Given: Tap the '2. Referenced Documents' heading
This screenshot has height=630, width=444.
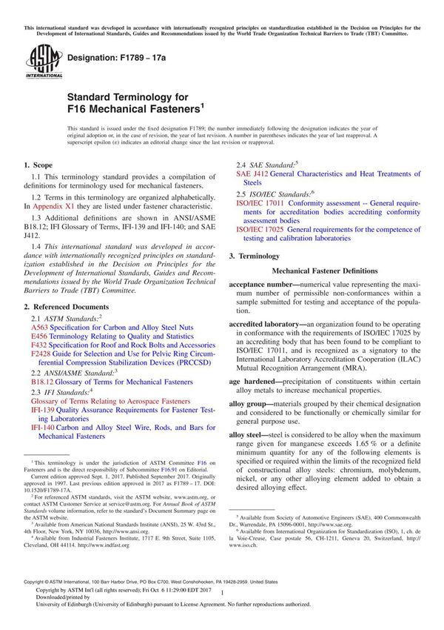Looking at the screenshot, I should point(66,306).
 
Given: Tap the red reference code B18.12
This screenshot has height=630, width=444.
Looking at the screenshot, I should point(42,382).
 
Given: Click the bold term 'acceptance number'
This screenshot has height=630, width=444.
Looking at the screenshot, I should point(265,285).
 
